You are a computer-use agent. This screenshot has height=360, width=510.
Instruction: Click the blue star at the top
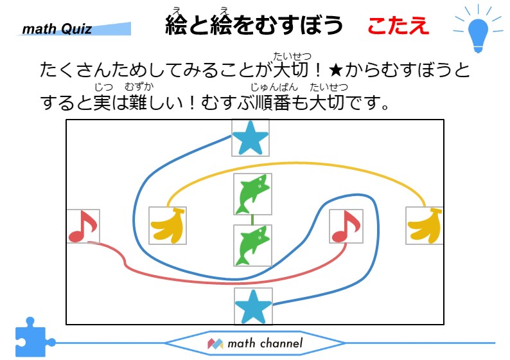point(250,138)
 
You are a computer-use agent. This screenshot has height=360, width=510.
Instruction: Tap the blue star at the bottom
point(253,307)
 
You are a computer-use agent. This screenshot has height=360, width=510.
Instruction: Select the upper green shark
point(253,194)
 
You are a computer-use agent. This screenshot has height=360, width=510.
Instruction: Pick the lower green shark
point(253,246)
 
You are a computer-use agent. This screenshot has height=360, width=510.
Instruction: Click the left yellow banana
point(168,225)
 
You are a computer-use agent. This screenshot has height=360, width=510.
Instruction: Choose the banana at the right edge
point(425,226)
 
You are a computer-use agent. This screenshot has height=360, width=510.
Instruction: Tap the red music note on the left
point(83,226)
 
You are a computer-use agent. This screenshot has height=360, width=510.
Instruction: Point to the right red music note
point(346,226)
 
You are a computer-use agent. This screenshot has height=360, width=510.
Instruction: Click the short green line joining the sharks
point(252,220)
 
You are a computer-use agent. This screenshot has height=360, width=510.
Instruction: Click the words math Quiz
point(57,29)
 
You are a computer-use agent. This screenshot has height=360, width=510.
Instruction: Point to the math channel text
point(265,343)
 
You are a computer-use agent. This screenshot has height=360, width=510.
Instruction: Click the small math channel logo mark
point(215,344)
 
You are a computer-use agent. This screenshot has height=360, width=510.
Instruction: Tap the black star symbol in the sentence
point(336,69)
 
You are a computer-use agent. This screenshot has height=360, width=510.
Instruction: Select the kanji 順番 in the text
point(274,102)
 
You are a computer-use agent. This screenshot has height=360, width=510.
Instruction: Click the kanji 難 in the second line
point(138,102)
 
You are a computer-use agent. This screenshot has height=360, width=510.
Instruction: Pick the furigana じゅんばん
point(274,87)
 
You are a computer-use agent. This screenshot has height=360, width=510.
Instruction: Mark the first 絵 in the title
point(177,25)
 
